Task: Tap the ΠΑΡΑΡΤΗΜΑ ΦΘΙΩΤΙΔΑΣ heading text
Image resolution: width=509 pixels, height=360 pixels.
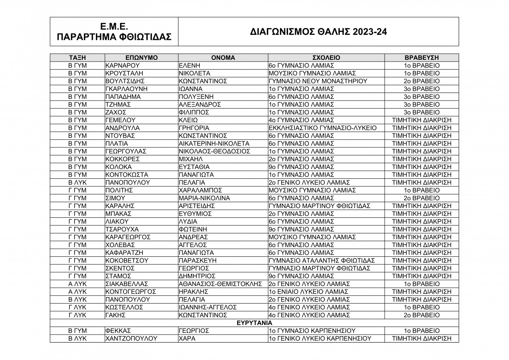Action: pyautogui.click(x=114, y=37)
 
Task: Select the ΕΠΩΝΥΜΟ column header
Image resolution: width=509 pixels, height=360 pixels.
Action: pyautogui.click(x=142, y=58)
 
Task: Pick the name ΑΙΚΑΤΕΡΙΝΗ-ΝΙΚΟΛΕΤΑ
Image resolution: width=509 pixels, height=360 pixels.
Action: pyautogui.click(x=214, y=143)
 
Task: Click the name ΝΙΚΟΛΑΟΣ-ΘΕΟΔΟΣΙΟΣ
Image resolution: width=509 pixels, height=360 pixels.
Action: pyautogui.click(x=214, y=151)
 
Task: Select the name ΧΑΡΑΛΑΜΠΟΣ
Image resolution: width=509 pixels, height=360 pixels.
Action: pyautogui.click(x=201, y=190)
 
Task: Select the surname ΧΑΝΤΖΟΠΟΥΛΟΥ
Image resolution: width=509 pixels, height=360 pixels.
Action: pyautogui.click(x=131, y=339)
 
